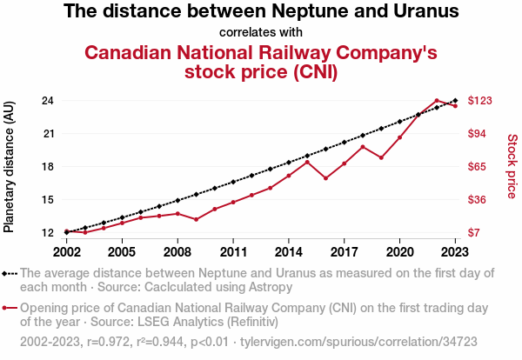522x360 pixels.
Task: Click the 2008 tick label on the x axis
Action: (177, 252)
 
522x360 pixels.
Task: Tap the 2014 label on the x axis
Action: (289, 252)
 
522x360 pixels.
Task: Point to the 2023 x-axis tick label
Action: (455, 252)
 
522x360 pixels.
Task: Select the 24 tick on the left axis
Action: (49, 100)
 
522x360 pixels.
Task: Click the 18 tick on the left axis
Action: (49, 166)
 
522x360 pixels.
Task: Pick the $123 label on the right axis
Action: (480, 100)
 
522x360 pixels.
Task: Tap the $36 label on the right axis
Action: (478, 199)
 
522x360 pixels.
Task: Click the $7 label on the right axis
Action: (475, 232)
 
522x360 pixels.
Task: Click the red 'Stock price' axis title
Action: (512, 165)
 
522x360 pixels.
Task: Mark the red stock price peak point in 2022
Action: (437, 101)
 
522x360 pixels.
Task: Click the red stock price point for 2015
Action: (307, 161)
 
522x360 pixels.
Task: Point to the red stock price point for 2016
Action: (325, 178)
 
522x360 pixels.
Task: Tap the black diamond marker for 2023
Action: (455, 101)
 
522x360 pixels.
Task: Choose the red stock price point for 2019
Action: (381, 157)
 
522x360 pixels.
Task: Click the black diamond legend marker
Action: (10, 273)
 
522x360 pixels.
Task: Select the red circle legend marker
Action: (10, 308)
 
